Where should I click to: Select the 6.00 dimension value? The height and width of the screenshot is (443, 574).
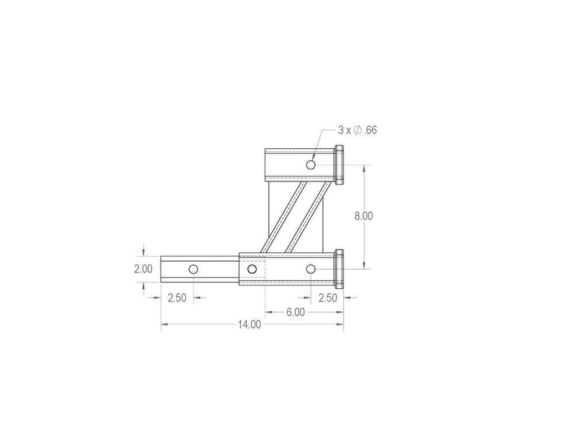click(x=296, y=312)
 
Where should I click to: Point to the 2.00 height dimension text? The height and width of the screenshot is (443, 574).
click(x=143, y=269)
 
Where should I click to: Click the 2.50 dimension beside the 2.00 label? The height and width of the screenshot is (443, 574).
click(x=177, y=298)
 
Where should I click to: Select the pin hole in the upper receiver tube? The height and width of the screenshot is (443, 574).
click(x=311, y=165)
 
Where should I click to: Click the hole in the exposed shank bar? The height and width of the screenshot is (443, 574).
click(x=192, y=269)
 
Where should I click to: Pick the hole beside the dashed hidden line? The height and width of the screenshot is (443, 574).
click(x=251, y=269)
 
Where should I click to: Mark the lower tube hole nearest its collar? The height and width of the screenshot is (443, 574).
click(x=311, y=269)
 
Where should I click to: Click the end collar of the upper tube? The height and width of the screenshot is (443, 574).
click(x=340, y=165)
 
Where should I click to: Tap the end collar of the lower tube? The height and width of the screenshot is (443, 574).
click(x=340, y=269)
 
